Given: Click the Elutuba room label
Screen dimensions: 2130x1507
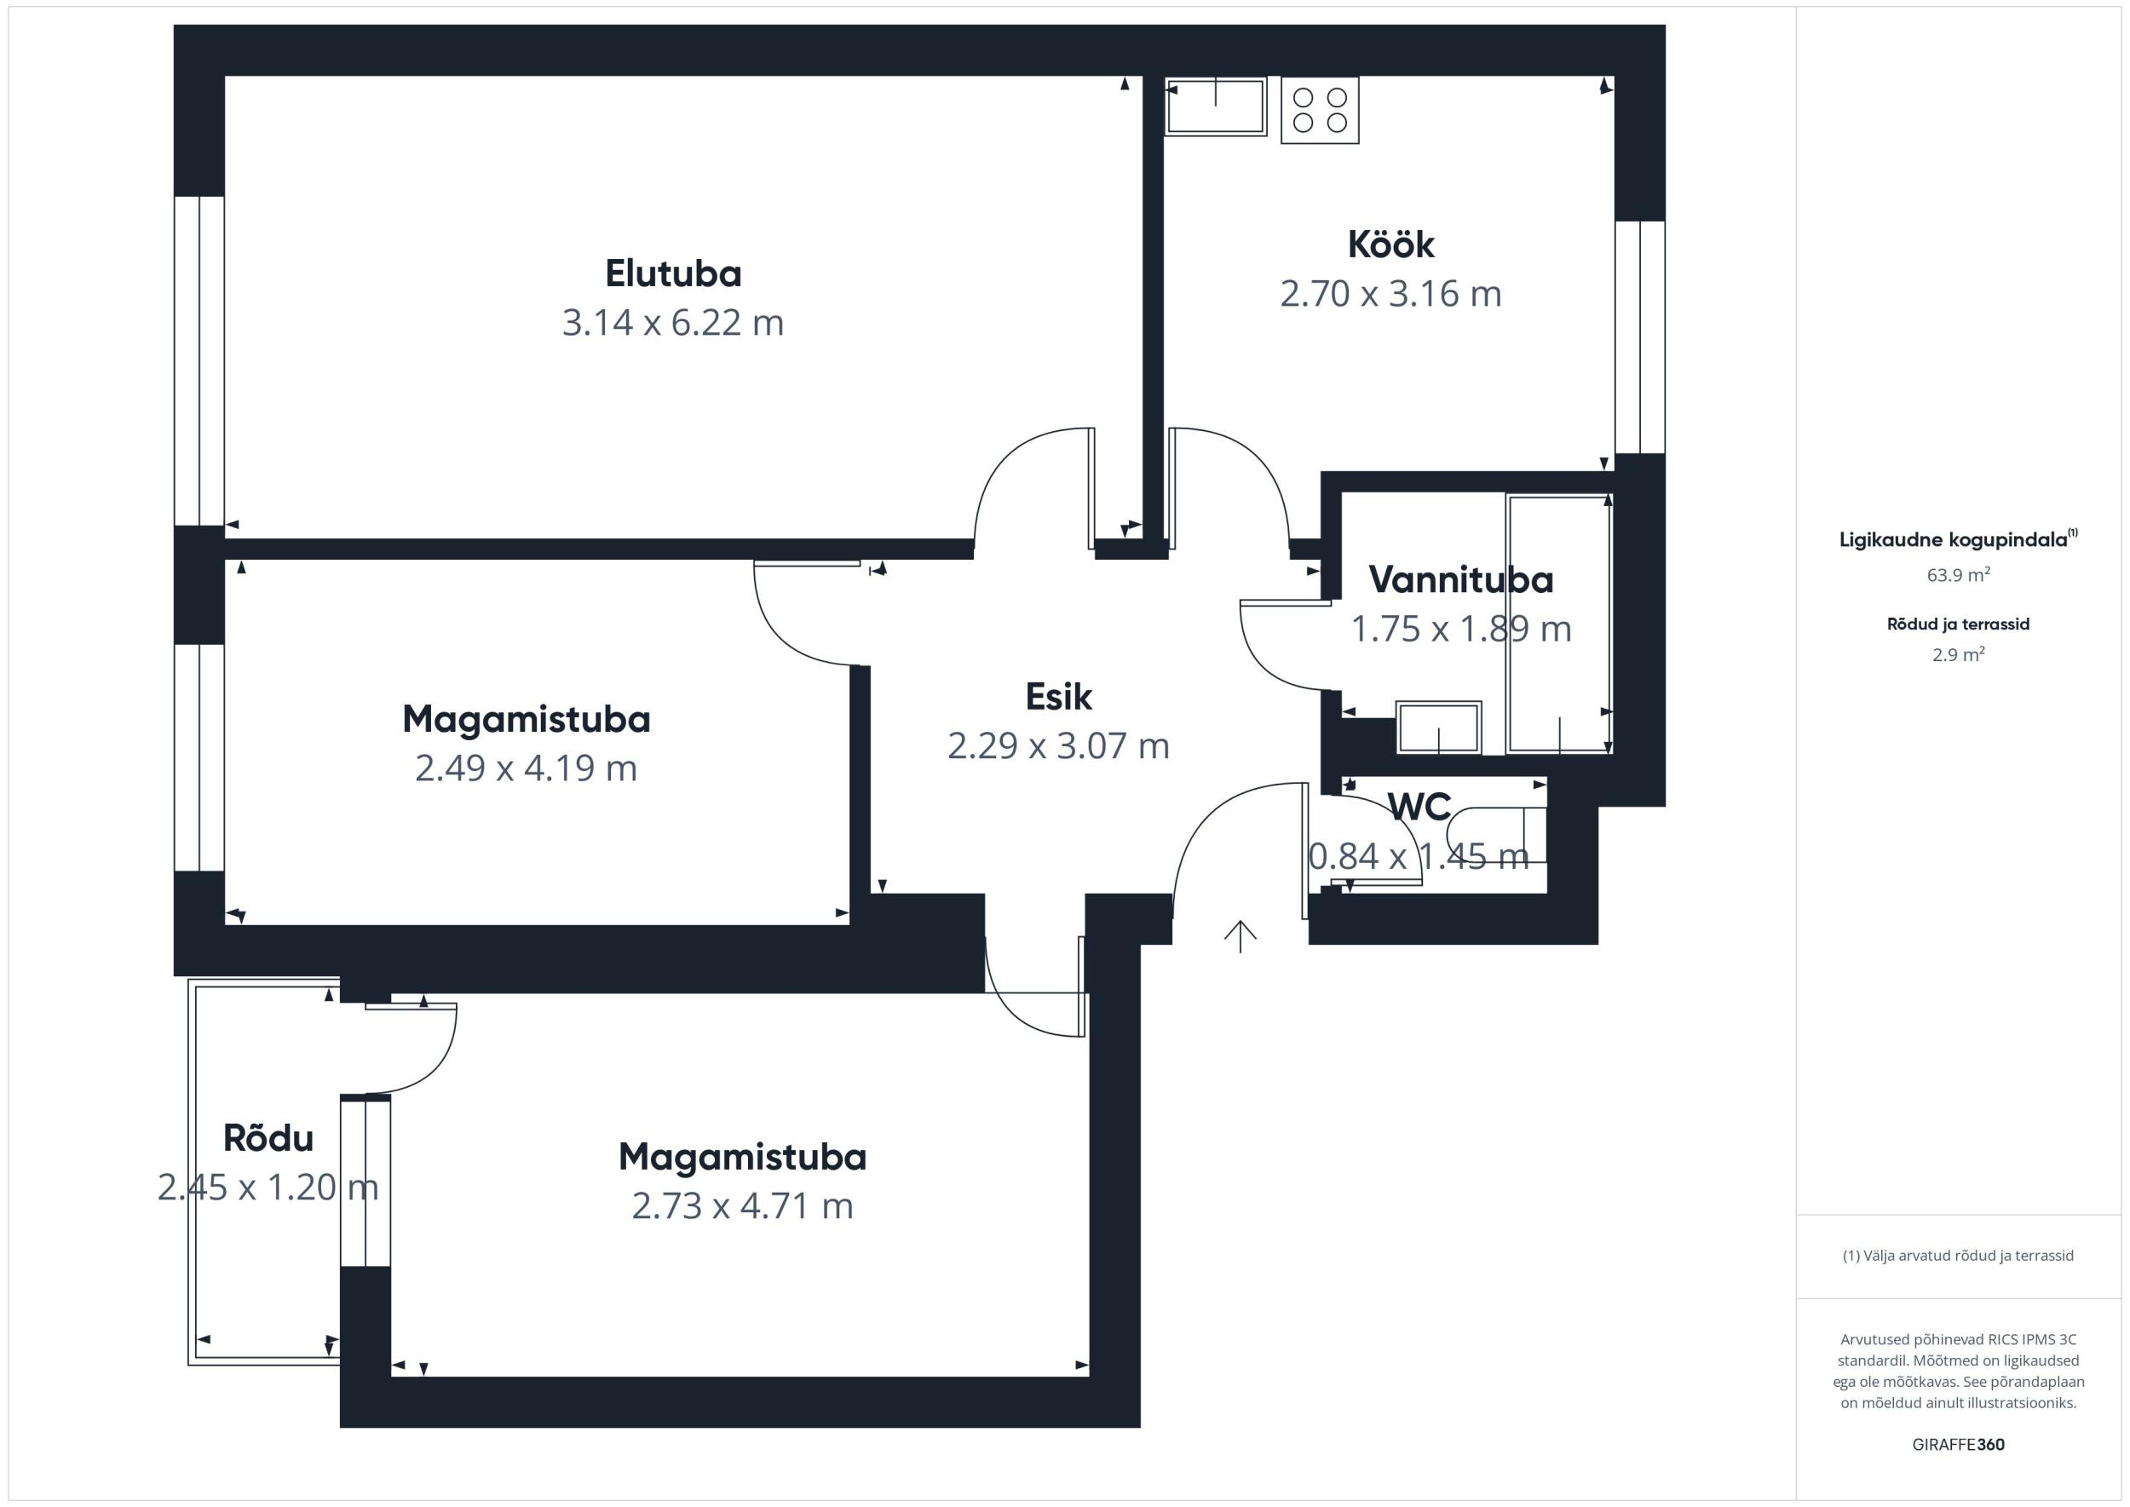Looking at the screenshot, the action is point(673,273).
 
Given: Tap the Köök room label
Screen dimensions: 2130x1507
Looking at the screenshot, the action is point(1390,245).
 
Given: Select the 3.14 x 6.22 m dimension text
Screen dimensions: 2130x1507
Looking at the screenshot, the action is point(673,323).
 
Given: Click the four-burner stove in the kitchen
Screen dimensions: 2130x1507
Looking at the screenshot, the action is point(1320,110).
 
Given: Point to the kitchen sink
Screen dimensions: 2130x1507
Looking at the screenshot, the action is point(1216,106).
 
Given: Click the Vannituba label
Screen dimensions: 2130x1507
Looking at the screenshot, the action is point(1461,580).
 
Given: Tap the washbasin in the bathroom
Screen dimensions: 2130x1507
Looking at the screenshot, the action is point(1438,728).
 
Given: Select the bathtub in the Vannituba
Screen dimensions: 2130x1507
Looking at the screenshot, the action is point(1559,624).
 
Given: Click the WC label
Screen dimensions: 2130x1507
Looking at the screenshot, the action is point(1419,808).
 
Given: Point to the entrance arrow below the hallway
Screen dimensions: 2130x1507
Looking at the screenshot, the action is point(1240,936).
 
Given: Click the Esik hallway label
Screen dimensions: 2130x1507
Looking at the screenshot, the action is point(1058,697).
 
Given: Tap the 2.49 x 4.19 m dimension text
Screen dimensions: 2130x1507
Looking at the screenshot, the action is point(526,768).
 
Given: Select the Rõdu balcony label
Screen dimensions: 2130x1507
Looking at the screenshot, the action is point(268,1137).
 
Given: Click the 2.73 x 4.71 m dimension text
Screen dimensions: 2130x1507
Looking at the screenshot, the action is point(742,1206).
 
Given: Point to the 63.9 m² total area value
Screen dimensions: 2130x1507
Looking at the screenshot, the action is point(1958,574).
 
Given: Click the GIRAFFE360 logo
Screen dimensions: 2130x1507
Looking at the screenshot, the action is point(1958,1445).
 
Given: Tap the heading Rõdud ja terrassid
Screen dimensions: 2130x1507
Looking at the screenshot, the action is point(1958,624).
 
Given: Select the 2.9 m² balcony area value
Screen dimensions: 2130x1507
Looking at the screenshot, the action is point(1958,654).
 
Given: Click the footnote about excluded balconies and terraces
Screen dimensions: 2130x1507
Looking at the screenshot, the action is point(1958,1256).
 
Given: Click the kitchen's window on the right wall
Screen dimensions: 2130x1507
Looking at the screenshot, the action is point(1640,336).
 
